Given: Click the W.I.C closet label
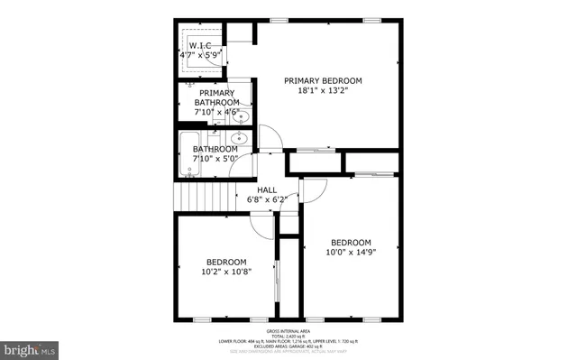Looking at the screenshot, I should tap(199, 45).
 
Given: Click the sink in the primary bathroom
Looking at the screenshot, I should tap(242, 115).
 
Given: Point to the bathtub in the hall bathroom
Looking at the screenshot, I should tap(188, 154).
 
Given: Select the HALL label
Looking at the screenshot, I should tap(267, 189).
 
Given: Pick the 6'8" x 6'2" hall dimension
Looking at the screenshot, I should tap(267, 199).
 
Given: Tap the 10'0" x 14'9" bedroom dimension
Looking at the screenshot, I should tap(351, 253).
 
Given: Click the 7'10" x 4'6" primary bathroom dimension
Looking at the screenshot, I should tap(216, 113).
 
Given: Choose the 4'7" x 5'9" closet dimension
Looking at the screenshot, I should tap(200, 55).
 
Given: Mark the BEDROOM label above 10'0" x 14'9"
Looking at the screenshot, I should tap(351, 242).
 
